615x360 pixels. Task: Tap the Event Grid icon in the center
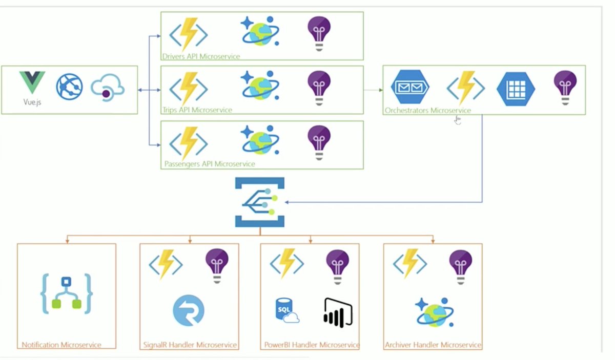[259, 202]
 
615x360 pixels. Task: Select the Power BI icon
[338, 312]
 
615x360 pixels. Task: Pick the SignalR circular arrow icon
[189, 310]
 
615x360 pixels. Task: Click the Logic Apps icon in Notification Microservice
[66, 294]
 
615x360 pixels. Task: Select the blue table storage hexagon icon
[516, 89]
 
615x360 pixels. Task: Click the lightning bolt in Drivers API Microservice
[189, 34]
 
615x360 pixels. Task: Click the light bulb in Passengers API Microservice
[319, 141]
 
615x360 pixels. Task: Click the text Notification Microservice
[61, 345]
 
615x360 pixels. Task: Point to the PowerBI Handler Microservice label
[311, 345]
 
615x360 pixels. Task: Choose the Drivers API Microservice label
[201, 56]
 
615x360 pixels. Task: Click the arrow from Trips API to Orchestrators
[373, 90]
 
